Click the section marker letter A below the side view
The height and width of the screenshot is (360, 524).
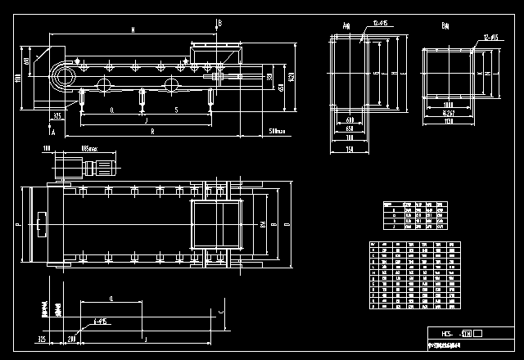click(x=52, y=130)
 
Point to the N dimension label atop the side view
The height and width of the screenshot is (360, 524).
click(x=133, y=30)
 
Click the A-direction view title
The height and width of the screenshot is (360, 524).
click(x=346, y=26)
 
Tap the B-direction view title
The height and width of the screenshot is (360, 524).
click(x=445, y=26)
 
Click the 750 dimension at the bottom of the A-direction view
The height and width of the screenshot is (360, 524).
click(x=350, y=150)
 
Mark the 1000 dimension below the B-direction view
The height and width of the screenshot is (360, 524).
click(x=448, y=106)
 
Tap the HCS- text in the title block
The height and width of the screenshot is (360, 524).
click(x=448, y=334)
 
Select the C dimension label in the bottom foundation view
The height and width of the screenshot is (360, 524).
click(x=222, y=311)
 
